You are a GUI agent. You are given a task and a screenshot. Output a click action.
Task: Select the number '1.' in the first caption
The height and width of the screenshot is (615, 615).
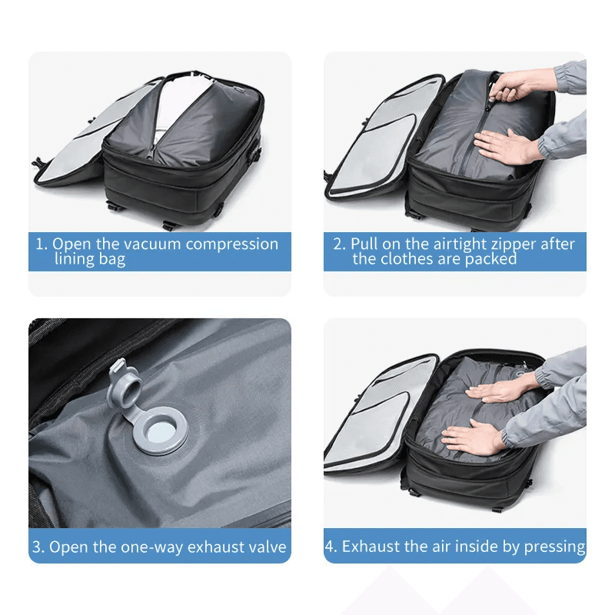click(42, 244)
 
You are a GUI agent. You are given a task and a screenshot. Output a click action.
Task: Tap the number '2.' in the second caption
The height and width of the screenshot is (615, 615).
click(339, 244)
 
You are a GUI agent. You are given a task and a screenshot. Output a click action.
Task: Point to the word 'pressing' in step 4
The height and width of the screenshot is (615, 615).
click(554, 547)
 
